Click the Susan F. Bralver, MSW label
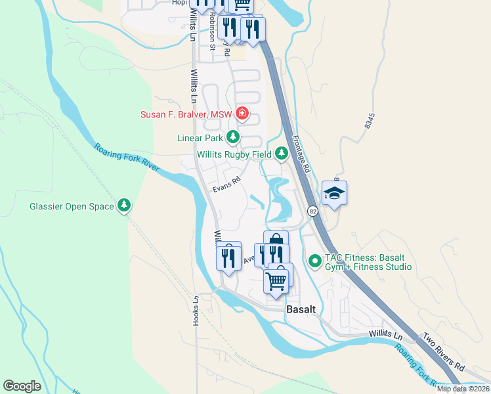(x=186, y=114)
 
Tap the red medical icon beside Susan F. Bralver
(x=242, y=114)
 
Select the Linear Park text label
(x=200, y=138)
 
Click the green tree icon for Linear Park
(x=232, y=137)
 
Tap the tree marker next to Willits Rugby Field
(x=282, y=154)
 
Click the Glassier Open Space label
(x=72, y=206)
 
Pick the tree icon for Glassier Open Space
(x=124, y=206)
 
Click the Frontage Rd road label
(x=301, y=155)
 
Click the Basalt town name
(x=301, y=309)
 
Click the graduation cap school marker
(x=335, y=193)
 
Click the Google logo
(x=22, y=386)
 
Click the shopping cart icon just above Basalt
(x=276, y=280)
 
